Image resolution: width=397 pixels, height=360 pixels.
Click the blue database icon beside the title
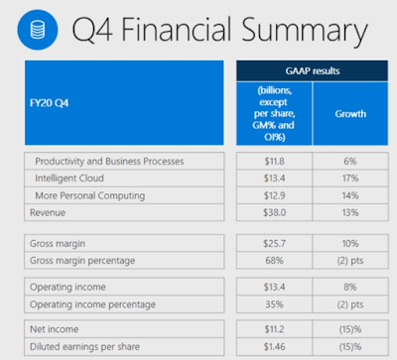click(x=38, y=30)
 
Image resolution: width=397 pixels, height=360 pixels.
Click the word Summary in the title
click(x=305, y=31)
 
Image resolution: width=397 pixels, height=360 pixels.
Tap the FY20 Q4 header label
click(x=50, y=103)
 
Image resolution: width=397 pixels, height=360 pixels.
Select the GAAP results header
click(x=313, y=70)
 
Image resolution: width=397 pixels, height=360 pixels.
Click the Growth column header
click(x=350, y=114)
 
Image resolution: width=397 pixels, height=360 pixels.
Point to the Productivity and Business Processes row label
click(x=109, y=162)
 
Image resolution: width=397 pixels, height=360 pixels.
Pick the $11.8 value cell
click(x=274, y=162)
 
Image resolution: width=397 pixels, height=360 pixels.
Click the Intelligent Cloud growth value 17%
click(x=350, y=179)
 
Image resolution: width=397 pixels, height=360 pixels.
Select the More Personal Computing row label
click(x=90, y=195)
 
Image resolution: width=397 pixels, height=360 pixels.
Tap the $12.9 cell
click(x=274, y=195)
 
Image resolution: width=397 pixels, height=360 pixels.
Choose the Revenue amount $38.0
click(x=274, y=212)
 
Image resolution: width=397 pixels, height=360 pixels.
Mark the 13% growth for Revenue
click(x=350, y=212)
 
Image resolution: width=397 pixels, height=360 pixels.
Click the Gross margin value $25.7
click(x=274, y=244)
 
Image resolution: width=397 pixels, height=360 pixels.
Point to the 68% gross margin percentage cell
click(x=274, y=261)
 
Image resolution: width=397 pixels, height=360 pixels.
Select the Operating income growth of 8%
click(x=350, y=287)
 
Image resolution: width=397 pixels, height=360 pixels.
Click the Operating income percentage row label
click(x=92, y=304)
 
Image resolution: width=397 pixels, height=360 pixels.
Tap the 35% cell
click(x=274, y=304)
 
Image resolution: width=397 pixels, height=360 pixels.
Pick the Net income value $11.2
click(x=274, y=329)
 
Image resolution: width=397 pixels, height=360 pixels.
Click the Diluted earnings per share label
click(x=84, y=347)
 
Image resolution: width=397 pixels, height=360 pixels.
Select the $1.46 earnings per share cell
click(x=274, y=347)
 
